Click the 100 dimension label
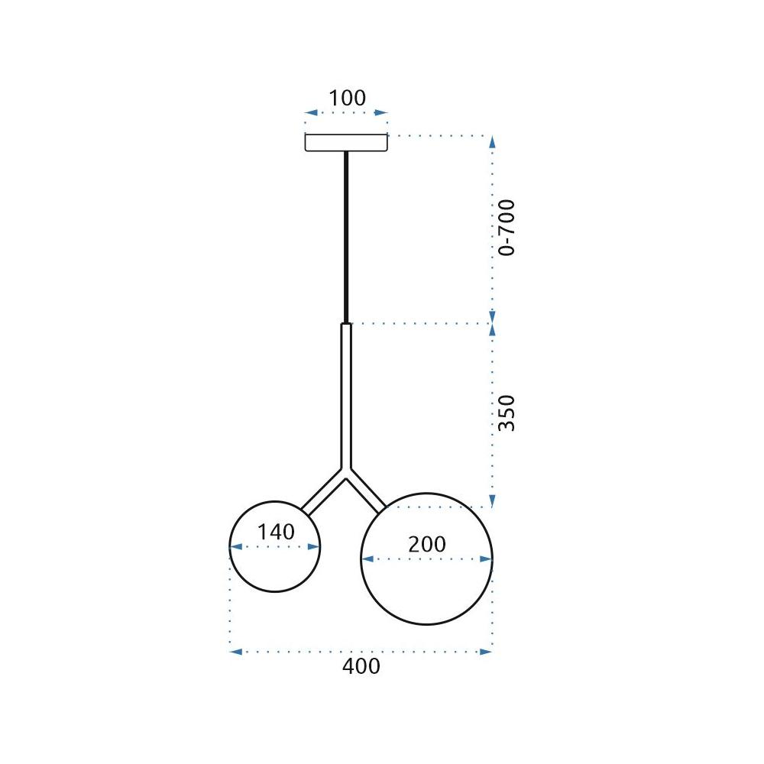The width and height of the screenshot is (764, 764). point(347,99)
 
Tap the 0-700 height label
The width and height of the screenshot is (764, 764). point(507,227)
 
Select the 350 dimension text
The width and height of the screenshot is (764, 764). point(507,413)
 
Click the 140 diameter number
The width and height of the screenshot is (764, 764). point(275,532)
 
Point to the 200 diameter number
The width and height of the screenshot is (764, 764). point(426,545)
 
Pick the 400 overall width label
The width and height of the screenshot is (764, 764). point(361,666)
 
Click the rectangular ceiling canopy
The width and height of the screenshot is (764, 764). point(346,143)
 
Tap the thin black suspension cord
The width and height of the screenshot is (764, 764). point(347,237)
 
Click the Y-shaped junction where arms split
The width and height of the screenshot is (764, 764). point(347,474)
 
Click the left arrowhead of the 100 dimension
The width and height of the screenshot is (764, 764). point(310,113)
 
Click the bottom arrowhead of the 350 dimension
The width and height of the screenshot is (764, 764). point(493,501)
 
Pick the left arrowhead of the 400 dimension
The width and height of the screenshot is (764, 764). point(235,652)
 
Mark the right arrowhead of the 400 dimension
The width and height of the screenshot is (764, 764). point(486,652)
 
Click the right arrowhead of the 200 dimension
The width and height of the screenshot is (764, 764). point(487,559)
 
